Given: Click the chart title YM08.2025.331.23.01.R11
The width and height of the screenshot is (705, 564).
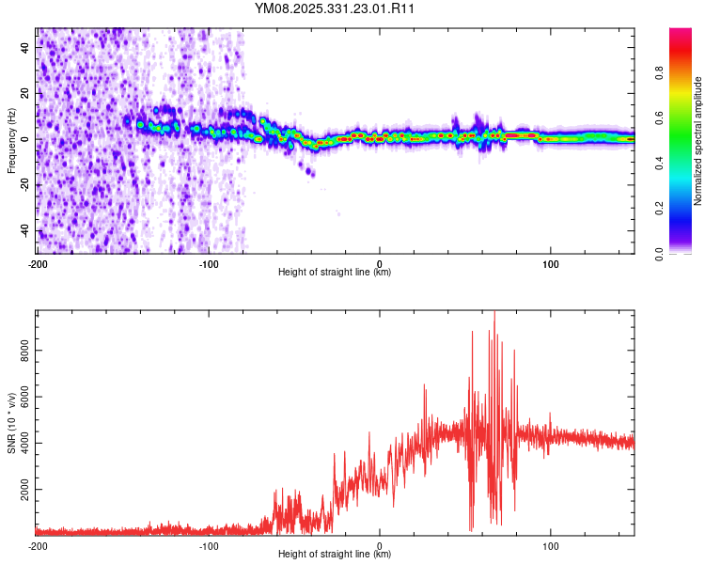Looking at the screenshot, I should pos(336,9).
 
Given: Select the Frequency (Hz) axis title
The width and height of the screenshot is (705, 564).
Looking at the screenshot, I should pos(11,141).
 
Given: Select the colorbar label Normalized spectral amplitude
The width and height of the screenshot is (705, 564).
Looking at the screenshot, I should pos(698,141).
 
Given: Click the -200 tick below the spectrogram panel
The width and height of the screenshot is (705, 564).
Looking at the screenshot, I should pos(38,263).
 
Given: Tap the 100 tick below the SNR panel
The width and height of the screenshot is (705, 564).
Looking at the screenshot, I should pos(551,545).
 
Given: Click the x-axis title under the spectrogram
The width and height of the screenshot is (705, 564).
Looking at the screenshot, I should pos(335,273).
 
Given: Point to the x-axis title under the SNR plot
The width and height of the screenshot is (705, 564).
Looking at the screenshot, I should pos(335,555).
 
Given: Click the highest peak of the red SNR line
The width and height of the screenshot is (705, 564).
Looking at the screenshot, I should pos(494,313).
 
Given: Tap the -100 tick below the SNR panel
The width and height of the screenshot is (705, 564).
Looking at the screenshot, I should pos(209,545).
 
